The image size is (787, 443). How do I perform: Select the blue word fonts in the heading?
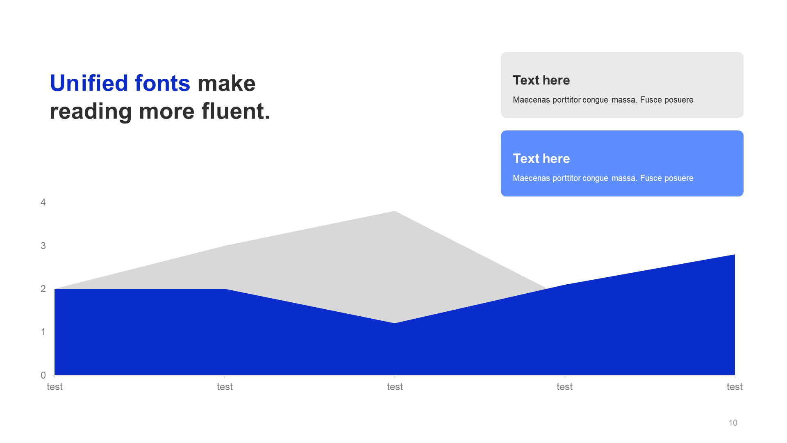click(x=162, y=83)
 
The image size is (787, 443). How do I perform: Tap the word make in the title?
click(x=227, y=83)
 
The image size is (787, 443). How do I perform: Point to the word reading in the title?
click(x=91, y=112)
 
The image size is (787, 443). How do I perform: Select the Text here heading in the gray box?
click(x=541, y=80)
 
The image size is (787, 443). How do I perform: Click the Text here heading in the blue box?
click(x=541, y=158)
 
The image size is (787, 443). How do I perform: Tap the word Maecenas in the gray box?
click(x=531, y=100)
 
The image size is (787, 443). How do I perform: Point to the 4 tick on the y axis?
click(x=43, y=202)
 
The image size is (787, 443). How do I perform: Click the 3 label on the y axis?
click(x=43, y=246)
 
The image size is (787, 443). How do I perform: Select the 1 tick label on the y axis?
click(x=43, y=332)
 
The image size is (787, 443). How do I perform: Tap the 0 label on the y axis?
click(x=43, y=375)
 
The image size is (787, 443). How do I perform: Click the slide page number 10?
click(x=733, y=423)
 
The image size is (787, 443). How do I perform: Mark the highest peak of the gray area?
click(x=395, y=211)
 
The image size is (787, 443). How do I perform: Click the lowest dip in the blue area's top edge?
click(x=395, y=323)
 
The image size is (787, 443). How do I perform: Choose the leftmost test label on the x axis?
click(x=55, y=387)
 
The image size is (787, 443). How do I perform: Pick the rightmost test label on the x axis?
click(x=735, y=387)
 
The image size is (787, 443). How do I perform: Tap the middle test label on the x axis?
click(x=395, y=387)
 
